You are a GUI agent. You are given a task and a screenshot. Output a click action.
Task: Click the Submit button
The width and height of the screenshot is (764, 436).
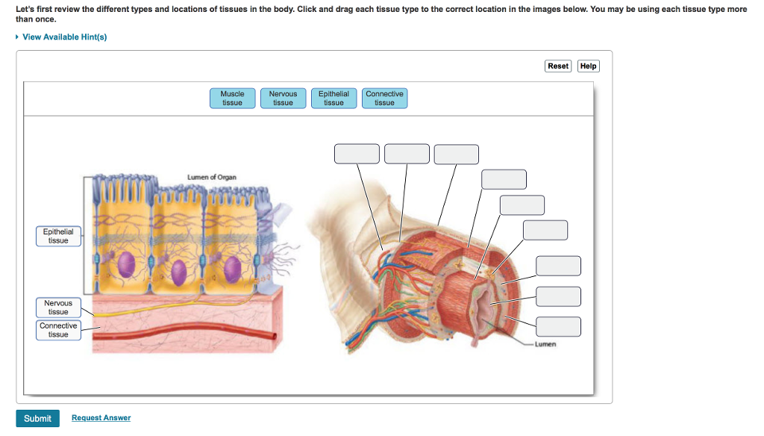click(x=37, y=418)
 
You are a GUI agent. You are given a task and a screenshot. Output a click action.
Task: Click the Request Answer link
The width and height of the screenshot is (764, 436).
click(x=101, y=418)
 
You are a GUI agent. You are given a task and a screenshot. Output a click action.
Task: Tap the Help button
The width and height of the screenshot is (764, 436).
click(x=588, y=66)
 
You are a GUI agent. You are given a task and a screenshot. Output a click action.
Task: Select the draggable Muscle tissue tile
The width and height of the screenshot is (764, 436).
click(x=233, y=98)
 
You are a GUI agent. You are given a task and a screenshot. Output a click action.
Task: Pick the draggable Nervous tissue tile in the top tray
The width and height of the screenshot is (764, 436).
click(x=283, y=98)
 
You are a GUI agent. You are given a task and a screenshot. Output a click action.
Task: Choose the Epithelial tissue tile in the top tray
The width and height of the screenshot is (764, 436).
click(x=334, y=98)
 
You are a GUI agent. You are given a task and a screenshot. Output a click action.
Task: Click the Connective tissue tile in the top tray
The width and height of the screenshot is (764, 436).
click(x=384, y=98)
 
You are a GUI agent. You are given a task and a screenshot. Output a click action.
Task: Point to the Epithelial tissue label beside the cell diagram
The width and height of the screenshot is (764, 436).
click(x=58, y=236)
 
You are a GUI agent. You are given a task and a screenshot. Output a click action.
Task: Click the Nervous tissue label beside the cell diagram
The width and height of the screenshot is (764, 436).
click(x=58, y=308)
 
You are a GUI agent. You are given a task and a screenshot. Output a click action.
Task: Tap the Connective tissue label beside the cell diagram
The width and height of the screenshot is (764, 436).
click(x=58, y=330)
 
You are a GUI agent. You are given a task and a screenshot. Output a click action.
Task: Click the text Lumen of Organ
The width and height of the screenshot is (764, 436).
click(x=212, y=177)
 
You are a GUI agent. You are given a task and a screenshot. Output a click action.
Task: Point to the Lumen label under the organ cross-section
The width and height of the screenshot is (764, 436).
click(x=545, y=344)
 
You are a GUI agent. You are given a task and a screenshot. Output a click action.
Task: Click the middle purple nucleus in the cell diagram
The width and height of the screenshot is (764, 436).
click(x=178, y=272)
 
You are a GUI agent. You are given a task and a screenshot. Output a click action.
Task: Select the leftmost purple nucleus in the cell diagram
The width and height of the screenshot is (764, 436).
click(x=126, y=264)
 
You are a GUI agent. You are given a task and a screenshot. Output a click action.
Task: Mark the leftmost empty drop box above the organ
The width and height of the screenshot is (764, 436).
click(x=357, y=154)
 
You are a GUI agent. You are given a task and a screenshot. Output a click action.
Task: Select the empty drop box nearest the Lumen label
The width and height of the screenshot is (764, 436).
click(x=558, y=327)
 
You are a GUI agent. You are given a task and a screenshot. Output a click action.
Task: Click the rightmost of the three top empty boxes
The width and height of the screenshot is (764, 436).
click(x=456, y=154)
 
